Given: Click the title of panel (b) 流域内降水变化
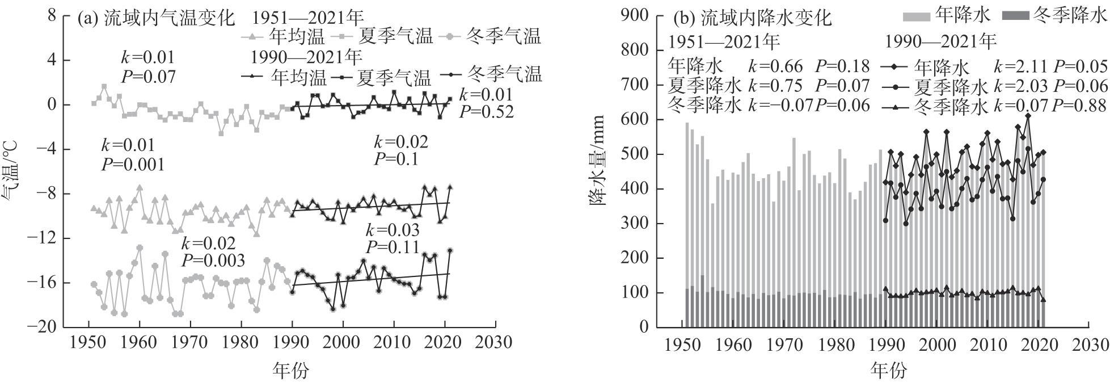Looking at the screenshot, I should [x=752, y=18].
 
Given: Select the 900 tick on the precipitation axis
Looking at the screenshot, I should [x=635, y=15].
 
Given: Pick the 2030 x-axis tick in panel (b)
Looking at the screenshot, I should [x=1090, y=344].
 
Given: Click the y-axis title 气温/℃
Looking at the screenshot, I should [x=12, y=171].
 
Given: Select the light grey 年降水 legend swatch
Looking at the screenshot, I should [x=917, y=15].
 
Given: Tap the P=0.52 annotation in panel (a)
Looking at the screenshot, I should [x=486, y=112].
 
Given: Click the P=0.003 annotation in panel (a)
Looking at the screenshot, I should [x=213, y=261].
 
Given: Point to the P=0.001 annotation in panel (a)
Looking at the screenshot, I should [x=133, y=165].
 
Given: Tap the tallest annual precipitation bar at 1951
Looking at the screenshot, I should [x=687, y=227].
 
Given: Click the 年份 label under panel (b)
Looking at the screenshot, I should [x=888, y=371].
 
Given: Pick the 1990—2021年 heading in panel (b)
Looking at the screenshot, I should [x=940, y=42].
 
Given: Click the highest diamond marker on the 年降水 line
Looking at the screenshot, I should [x=1028, y=116].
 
